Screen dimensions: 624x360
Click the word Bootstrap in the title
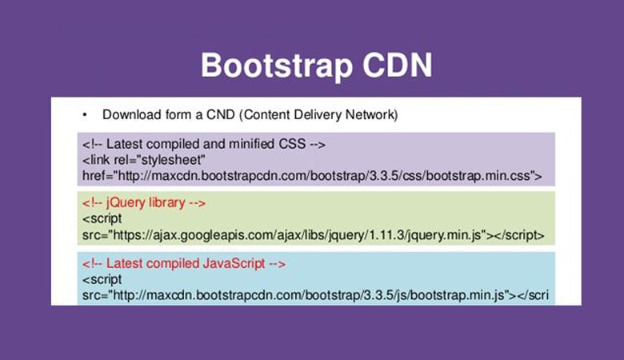pyautogui.click(x=277, y=66)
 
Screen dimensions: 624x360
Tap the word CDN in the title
pyautogui.click(x=397, y=65)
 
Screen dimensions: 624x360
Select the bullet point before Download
pyautogui.click(x=84, y=115)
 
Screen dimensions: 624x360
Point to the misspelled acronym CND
pyautogui.click(x=221, y=114)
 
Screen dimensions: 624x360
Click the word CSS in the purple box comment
pyautogui.click(x=292, y=144)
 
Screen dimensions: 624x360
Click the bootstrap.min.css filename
pyautogui.click(x=478, y=176)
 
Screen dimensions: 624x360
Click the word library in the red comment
pyautogui.click(x=167, y=203)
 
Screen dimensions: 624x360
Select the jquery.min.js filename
pyautogui.click(x=445, y=235)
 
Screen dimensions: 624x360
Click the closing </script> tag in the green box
pyautogui.click(x=519, y=235)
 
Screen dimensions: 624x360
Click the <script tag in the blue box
pyautogui.click(x=102, y=279)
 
